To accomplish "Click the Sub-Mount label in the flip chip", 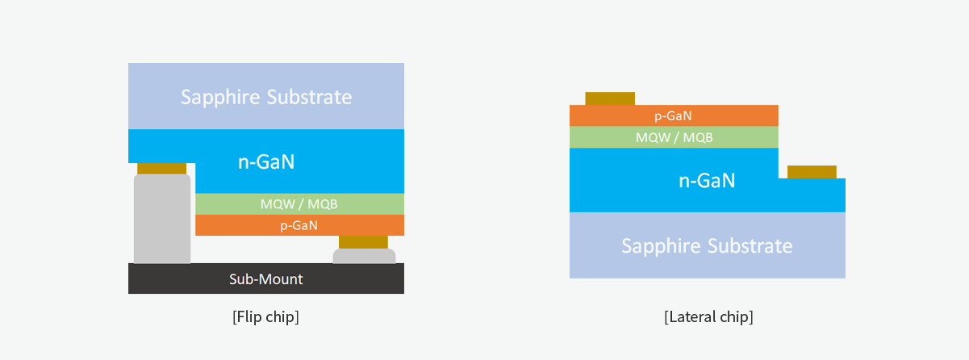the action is pos(266,279).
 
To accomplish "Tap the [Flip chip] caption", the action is pos(265,316).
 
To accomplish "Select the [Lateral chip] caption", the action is pos(708,316).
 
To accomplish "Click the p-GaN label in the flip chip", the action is pos(299,225).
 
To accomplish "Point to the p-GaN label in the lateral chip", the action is pos(673,116).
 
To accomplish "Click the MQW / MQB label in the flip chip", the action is pos(299,203).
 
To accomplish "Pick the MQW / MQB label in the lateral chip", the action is pos(674,137).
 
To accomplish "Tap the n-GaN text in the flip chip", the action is pos(266,161).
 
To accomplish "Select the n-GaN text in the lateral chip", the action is pos(707,181).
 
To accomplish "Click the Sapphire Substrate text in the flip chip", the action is pos(266,97).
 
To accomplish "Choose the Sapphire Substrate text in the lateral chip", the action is pos(707,246).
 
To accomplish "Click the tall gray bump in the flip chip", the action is pos(162,219).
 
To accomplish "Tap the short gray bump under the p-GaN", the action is pos(364,256).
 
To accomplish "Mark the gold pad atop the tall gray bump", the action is pos(162,169).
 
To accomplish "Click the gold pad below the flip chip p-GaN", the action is pos(363,242).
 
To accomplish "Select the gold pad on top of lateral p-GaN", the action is pos(610,98).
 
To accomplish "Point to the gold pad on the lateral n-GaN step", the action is pos(812,172).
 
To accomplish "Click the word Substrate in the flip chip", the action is pos(309,97).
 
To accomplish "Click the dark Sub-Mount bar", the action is pos(266,278).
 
